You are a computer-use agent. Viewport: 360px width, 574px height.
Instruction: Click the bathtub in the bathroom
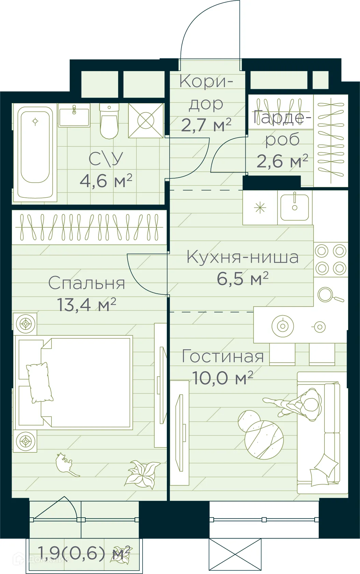pyautogui.click(x=35, y=152)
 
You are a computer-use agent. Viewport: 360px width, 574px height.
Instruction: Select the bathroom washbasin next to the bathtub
pyautogui.click(x=74, y=116)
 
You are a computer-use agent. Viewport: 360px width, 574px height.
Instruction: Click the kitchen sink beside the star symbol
pyautogui.click(x=295, y=207)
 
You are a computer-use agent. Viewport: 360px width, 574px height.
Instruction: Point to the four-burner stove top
pyautogui.click(x=331, y=260)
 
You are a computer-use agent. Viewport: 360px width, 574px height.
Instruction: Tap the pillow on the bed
pyautogui.click(x=39, y=382)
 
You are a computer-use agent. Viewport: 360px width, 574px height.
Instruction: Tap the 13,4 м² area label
pyautogui.click(x=87, y=305)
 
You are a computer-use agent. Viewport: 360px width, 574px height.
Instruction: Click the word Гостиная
pyautogui.click(x=223, y=356)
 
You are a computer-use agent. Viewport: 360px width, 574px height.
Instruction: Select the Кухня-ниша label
pyautogui.click(x=242, y=257)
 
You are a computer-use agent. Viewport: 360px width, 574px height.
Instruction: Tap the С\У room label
pyautogui.click(x=106, y=159)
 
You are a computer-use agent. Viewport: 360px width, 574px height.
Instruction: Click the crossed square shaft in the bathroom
pyautogui.click(x=146, y=121)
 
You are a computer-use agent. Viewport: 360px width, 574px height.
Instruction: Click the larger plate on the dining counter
pyautogui.click(x=283, y=326)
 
